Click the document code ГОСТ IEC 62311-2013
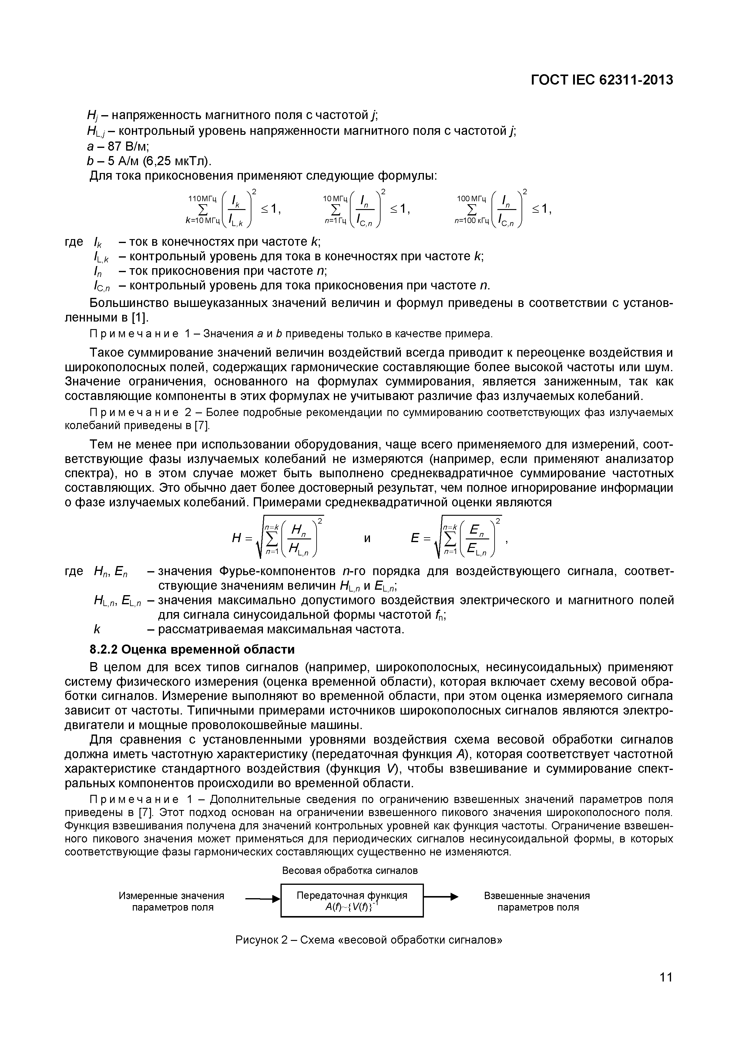(x=601, y=80)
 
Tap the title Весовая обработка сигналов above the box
(x=350, y=870)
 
